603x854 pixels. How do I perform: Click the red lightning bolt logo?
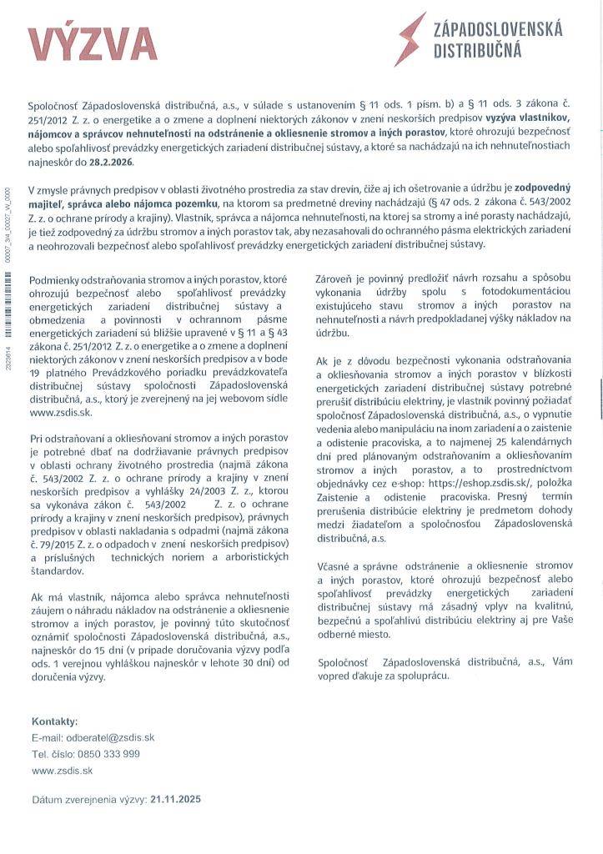411,38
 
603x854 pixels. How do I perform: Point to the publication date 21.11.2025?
175,798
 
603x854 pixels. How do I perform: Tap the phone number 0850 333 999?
109,754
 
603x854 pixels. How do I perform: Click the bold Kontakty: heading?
54,721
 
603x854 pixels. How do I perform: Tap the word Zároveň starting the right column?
339,279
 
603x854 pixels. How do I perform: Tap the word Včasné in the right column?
336,576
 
